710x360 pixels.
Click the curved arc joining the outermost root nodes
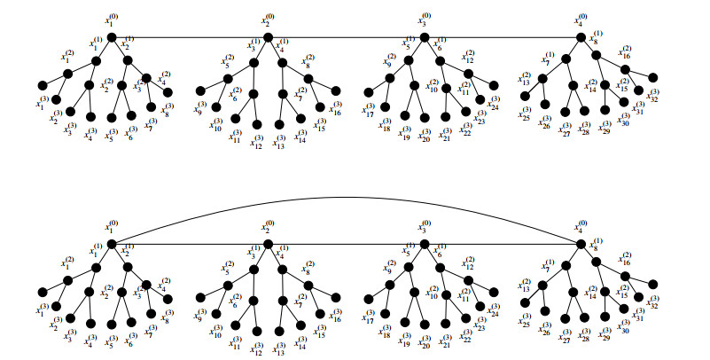click(x=346, y=197)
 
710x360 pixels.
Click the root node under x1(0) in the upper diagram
click(x=112, y=37)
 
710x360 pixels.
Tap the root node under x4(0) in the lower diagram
click(x=581, y=244)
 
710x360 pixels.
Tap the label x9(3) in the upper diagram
click(x=200, y=109)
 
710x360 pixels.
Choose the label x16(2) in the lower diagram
click(x=625, y=257)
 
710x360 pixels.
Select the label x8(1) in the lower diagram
click(x=597, y=243)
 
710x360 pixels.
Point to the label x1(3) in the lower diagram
click(x=40, y=310)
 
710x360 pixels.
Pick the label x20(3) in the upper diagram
click(x=425, y=136)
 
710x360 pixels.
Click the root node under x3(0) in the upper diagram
click(x=424, y=37)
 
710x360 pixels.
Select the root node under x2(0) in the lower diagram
click(x=268, y=244)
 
